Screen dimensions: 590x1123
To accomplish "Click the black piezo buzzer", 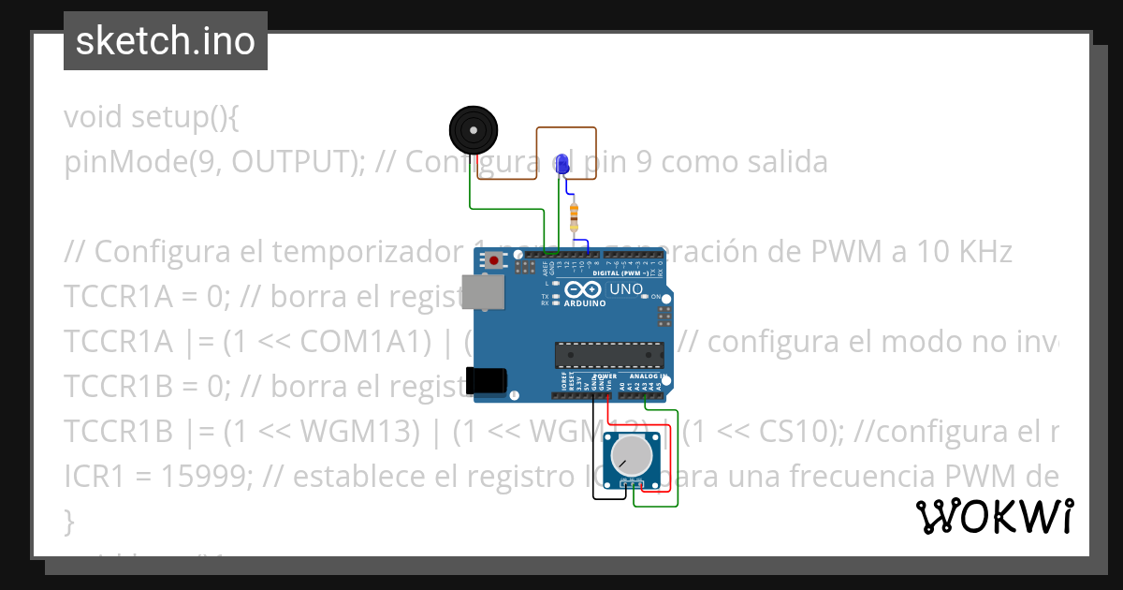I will [x=472, y=130].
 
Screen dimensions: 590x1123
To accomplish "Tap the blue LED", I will [x=561, y=163].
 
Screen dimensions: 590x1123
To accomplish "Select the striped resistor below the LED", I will [x=574, y=216].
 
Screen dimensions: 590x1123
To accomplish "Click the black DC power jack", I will [x=488, y=379].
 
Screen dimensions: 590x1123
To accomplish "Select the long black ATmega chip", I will [x=609, y=354].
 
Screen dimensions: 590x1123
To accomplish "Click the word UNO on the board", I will [x=626, y=289].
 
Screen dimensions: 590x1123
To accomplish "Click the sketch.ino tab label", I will [x=166, y=41].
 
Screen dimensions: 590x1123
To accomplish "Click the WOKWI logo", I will [x=994, y=516].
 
